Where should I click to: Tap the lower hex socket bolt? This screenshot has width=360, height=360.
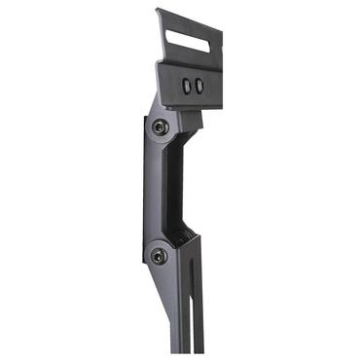click(x=159, y=255)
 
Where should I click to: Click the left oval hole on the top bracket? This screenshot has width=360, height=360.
click(x=187, y=87)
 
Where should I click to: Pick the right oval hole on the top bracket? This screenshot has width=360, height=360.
click(x=199, y=86)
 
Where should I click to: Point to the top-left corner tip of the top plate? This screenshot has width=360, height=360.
click(x=158, y=12)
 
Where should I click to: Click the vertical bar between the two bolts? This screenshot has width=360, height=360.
click(x=153, y=191)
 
